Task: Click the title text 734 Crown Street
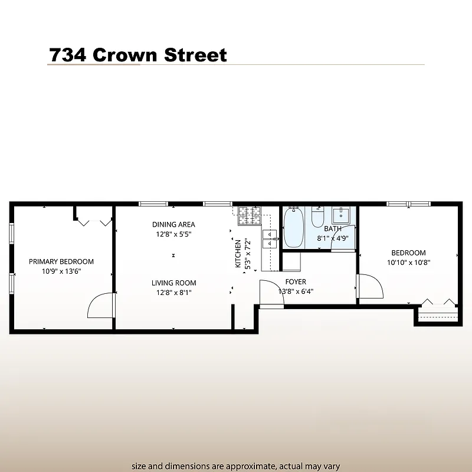click(x=137, y=55)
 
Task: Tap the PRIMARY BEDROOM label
click(x=61, y=262)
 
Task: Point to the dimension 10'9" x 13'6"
click(x=61, y=272)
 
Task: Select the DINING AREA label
click(x=173, y=224)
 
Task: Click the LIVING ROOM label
click(x=173, y=283)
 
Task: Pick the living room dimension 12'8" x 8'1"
click(x=173, y=293)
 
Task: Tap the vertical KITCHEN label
click(x=238, y=254)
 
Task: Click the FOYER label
click(x=296, y=281)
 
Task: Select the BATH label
click(x=333, y=229)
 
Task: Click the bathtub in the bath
click(x=293, y=228)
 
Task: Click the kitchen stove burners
click(x=249, y=217)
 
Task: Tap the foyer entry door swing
click(x=271, y=293)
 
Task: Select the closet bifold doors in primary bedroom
click(x=94, y=221)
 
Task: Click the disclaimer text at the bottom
click(x=236, y=466)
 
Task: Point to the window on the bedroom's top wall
click(x=408, y=204)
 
